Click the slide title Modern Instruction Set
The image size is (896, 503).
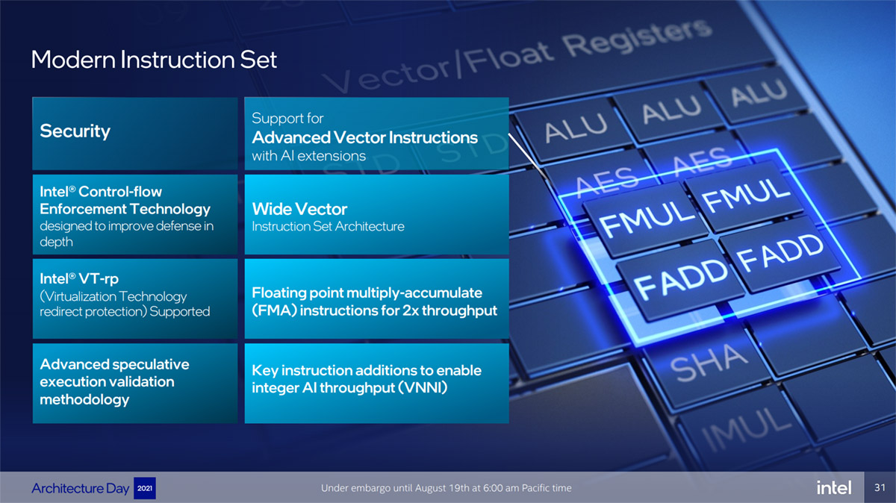pyautogui.click(x=154, y=60)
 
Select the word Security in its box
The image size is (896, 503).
pyautogui.click(x=75, y=131)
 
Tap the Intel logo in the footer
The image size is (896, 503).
pyautogui.click(x=834, y=487)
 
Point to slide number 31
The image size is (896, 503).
pyautogui.click(x=880, y=487)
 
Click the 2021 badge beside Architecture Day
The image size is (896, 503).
pyautogui.click(x=144, y=488)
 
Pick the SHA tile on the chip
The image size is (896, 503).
pyautogui.click(x=709, y=362)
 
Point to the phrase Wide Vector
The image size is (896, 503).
pyautogui.click(x=299, y=209)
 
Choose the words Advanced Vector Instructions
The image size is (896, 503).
pyautogui.click(x=365, y=137)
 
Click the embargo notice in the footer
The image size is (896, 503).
pyautogui.click(x=446, y=488)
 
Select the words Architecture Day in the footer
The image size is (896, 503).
pyautogui.click(x=81, y=488)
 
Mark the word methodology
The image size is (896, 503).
pyautogui.click(x=84, y=399)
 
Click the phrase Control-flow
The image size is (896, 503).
pyautogui.click(x=120, y=192)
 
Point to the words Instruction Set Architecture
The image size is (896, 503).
pyautogui.click(x=328, y=227)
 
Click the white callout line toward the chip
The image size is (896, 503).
pyautogui.click(x=528, y=156)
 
